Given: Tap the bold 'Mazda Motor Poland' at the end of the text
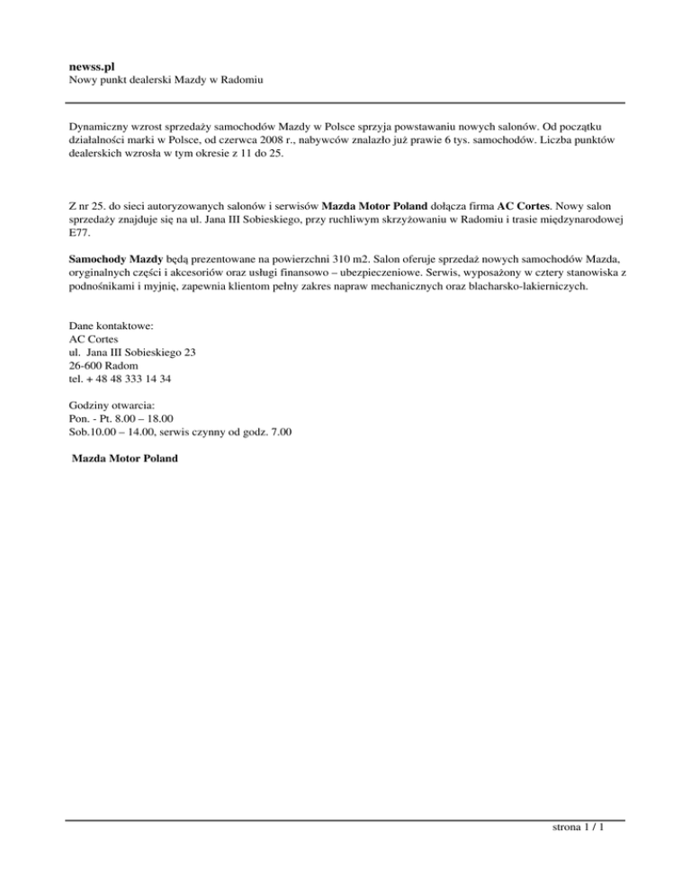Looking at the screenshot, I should (x=125, y=458).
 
